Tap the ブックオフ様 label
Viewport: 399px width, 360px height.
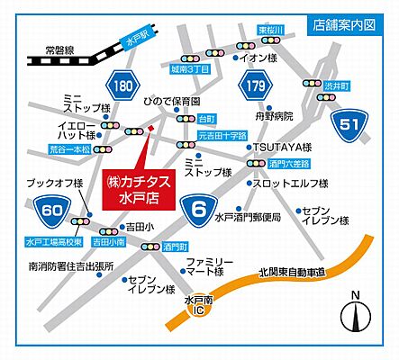point(55,183)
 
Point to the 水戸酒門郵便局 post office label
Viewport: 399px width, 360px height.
point(247,217)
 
